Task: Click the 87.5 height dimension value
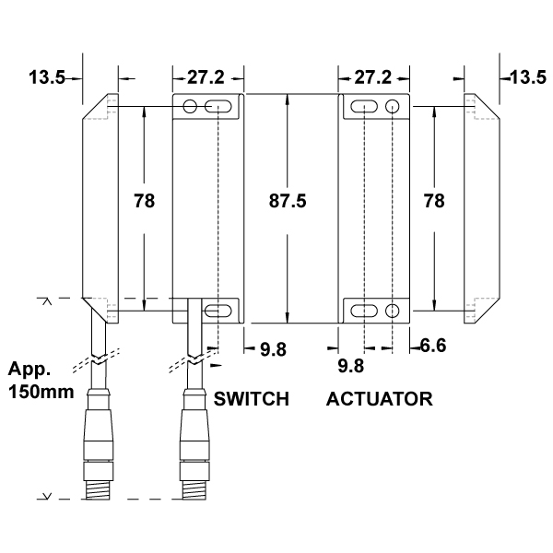(x=287, y=200)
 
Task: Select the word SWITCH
(x=252, y=399)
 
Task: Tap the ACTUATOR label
(x=380, y=399)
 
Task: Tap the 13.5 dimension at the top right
(x=527, y=77)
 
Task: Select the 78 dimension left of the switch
(x=144, y=200)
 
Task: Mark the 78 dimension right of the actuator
(x=435, y=200)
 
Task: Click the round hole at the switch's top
(x=191, y=108)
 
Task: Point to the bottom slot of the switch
(x=218, y=311)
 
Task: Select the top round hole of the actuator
(x=394, y=107)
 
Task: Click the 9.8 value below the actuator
(x=350, y=367)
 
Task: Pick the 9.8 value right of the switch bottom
(x=272, y=348)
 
